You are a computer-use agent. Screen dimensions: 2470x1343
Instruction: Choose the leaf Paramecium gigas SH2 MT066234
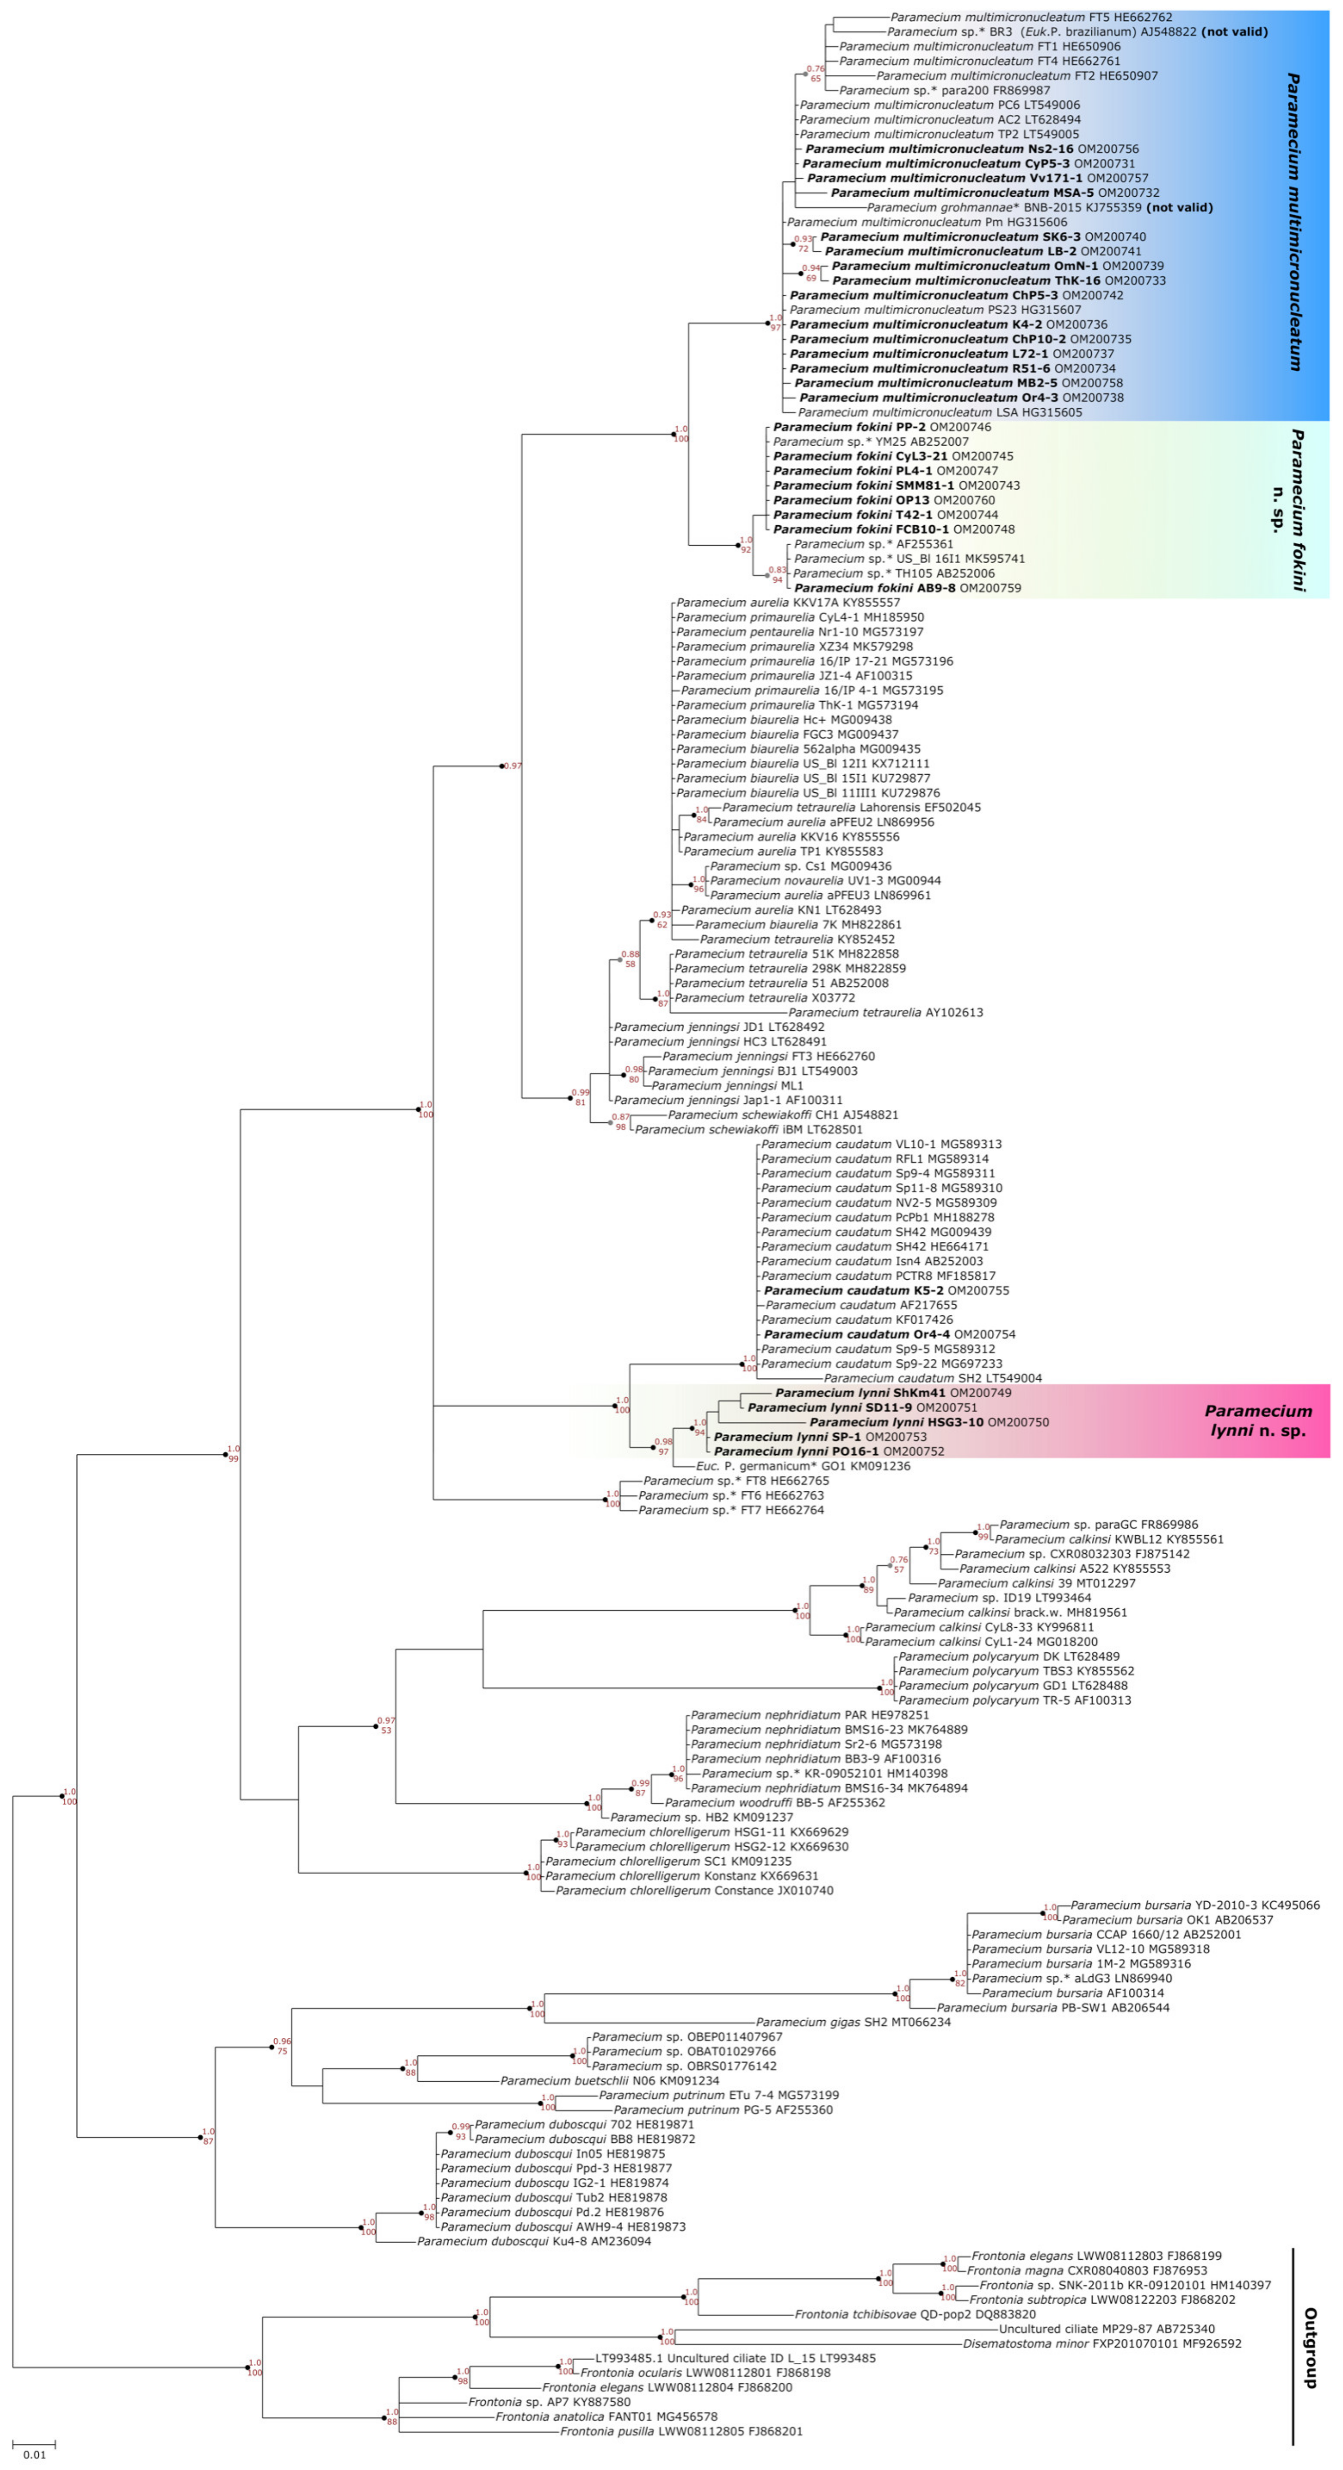(x=853, y=2022)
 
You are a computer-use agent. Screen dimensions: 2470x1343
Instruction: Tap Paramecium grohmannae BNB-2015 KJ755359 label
(x=1039, y=207)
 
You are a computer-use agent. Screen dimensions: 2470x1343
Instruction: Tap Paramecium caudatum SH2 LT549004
(x=933, y=1378)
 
